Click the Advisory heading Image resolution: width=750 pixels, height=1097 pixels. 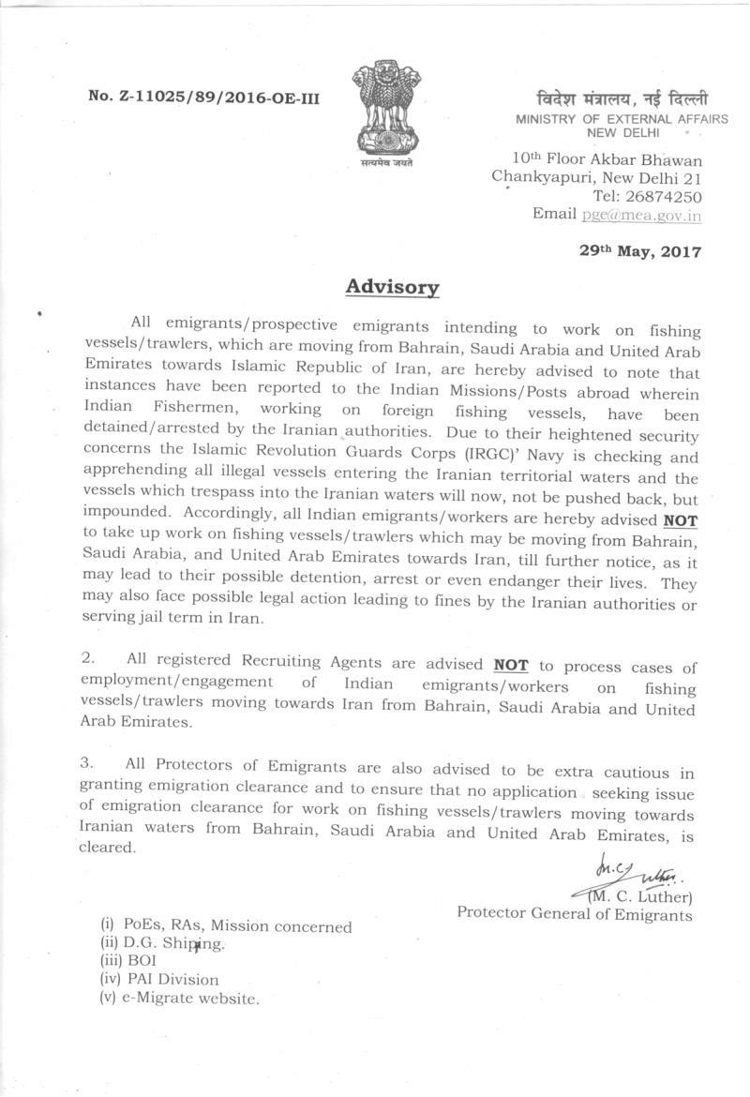[392, 286]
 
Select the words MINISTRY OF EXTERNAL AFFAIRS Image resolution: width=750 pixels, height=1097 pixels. [608, 119]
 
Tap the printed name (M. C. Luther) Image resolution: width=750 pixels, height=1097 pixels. [640, 897]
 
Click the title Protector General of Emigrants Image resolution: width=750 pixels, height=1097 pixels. [575, 914]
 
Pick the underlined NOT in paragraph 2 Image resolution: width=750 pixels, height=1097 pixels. [511, 666]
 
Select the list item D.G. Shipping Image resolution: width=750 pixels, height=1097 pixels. [163, 944]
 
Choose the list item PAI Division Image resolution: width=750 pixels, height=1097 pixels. [158, 980]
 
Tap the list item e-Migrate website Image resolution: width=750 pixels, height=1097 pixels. [178, 999]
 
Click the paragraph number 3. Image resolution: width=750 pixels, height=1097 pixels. [86, 764]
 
